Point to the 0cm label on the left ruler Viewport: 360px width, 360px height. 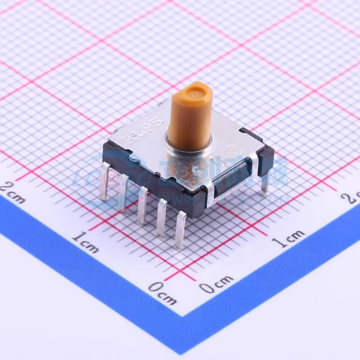(x=163, y=293)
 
